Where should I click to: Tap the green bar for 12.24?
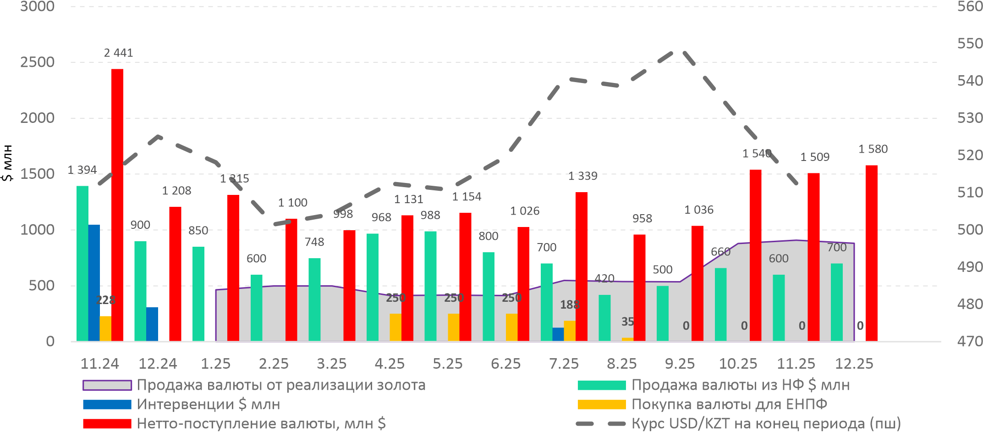pyautogui.click(x=140, y=291)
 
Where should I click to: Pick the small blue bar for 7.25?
pyautogui.click(x=558, y=334)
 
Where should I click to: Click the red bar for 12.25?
pyautogui.click(x=872, y=253)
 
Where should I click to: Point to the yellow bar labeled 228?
pyautogui.click(x=105, y=328)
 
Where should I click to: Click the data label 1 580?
pyautogui.click(x=873, y=149)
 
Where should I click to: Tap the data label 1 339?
pyautogui.click(x=582, y=176)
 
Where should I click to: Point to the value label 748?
pyautogui.click(x=314, y=242)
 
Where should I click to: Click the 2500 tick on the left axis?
pyautogui.click(x=37, y=62)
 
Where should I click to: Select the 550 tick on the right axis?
pyautogui.click(x=970, y=44)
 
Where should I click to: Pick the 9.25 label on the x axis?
pyautogui.click(x=680, y=364)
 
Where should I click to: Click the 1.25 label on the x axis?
pyautogui.click(x=215, y=364)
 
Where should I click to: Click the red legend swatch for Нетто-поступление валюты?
pyautogui.click(x=107, y=423)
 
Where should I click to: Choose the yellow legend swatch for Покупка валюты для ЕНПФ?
pyautogui.click(x=601, y=404)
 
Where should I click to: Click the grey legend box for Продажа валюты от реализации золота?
pyautogui.click(x=107, y=385)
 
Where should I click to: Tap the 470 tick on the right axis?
pyautogui.click(x=970, y=341)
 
